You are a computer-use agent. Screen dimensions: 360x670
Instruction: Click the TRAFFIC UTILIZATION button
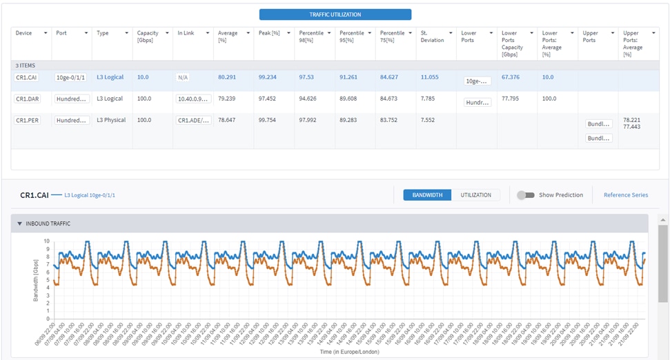[x=335, y=14]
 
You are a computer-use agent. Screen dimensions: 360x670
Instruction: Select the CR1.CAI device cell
[x=27, y=78]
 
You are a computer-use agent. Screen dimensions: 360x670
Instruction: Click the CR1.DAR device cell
[x=28, y=99]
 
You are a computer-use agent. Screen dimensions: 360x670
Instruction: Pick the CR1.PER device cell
[x=28, y=120]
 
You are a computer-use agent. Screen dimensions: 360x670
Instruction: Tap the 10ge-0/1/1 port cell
[x=71, y=78]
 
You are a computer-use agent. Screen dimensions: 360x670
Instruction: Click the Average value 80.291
[x=227, y=77]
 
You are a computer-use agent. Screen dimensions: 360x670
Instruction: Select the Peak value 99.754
[x=268, y=120]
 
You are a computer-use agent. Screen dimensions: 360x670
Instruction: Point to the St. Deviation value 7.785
[x=429, y=99]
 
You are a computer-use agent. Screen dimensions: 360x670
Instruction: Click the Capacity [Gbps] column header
[x=148, y=37]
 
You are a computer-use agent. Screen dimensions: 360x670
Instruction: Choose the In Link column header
[x=186, y=33]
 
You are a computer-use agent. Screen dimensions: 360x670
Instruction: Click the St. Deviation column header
[x=433, y=37]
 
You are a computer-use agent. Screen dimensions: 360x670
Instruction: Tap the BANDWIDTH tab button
[x=427, y=195]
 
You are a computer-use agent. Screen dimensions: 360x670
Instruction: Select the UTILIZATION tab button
[x=476, y=195]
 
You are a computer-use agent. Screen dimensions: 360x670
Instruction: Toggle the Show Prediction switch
[x=526, y=195]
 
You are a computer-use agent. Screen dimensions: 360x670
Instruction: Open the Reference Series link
[x=625, y=195]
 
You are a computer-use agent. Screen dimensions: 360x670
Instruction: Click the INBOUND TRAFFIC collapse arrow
[x=19, y=223]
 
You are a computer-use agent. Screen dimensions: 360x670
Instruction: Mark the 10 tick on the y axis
[x=47, y=241]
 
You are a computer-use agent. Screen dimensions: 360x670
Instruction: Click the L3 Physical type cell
[x=111, y=120]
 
